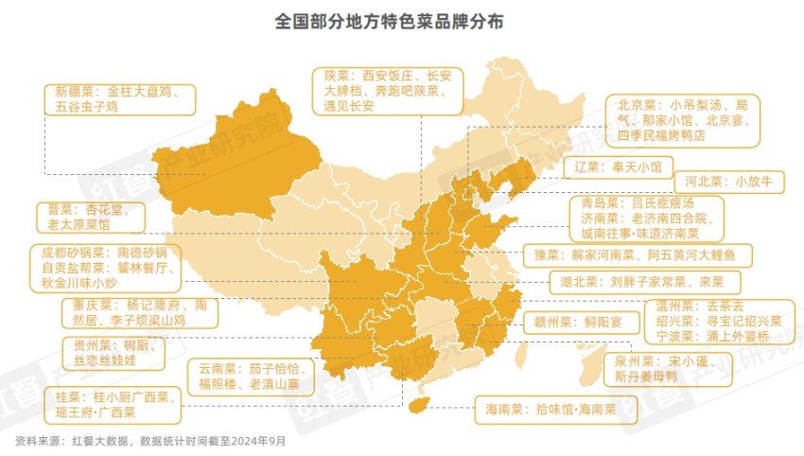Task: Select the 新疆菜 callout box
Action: coord(119,99)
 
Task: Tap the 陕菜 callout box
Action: coord(387,91)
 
